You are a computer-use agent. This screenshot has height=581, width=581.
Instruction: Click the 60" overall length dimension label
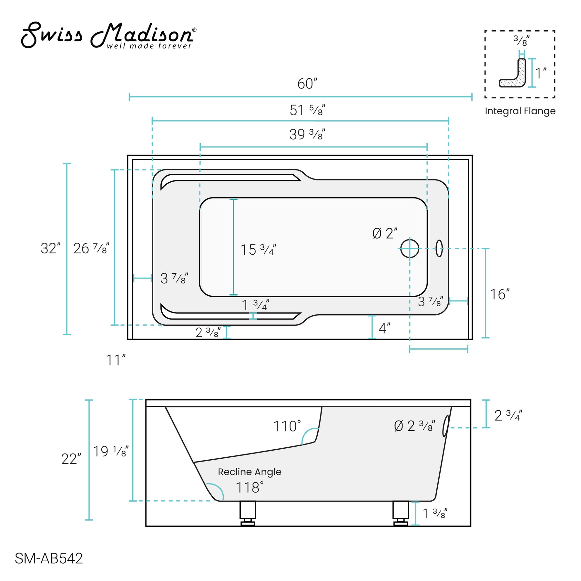click(x=307, y=84)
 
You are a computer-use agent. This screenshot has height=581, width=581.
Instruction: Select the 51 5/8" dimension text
click(x=307, y=110)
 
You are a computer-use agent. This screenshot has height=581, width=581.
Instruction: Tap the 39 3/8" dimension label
click(x=307, y=134)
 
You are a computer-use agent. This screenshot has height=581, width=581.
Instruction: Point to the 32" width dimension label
click(x=50, y=249)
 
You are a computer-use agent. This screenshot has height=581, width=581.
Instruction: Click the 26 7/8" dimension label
click(x=91, y=249)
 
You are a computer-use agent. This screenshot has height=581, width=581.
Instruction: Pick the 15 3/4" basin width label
click(x=258, y=250)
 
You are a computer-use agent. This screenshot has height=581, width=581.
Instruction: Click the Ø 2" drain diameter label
click(x=385, y=233)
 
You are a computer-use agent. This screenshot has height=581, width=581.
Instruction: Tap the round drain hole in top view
click(x=410, y=249)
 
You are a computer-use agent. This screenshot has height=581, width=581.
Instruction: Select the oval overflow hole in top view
click(x=439, y=248)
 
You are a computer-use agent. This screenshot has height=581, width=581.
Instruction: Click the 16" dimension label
click(x=499, y=294)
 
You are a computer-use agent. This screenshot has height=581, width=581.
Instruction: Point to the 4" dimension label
click(x=384, y=329)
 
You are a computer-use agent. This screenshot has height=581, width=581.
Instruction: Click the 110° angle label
click(x=287, y=426)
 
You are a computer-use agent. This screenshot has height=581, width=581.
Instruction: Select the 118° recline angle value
click(x=250, y=488)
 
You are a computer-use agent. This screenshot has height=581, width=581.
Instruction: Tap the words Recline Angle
click(x=250, y=472)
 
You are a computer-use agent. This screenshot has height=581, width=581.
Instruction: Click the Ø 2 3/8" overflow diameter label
click(x=414, y=426)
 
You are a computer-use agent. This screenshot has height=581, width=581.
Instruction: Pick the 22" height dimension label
click(x=71, y=459)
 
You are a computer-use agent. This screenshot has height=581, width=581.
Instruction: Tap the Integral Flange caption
click(x=520, y=111)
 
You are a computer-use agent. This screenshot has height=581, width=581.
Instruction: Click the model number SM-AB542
click(x=49, y=558)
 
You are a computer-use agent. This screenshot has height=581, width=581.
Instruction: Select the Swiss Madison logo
click(x=108, y=36)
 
